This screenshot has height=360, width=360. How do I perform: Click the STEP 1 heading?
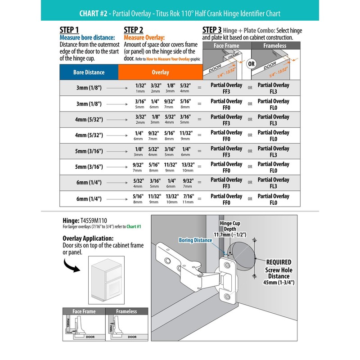click(69, 30)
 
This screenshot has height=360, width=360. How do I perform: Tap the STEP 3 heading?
click(212, 30)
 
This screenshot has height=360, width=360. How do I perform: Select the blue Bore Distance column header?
click(89, 72)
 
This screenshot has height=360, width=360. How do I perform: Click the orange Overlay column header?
click(160, 72)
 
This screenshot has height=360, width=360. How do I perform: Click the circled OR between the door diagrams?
click(252, 63)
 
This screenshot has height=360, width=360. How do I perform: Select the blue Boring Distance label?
click(195, 240)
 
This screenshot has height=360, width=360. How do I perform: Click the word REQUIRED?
click(279, 262)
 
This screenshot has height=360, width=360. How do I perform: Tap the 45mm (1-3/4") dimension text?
click(279, 283)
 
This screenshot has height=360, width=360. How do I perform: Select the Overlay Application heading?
click(88, 238)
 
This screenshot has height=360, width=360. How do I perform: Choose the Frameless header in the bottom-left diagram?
click(126, 311)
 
